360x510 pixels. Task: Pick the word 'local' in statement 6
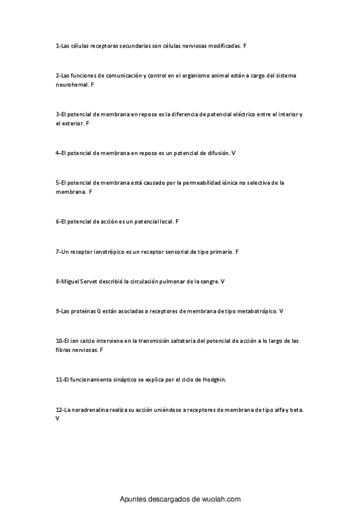click(x=166, y=221)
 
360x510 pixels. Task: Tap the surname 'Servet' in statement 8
click(x=94, y=281)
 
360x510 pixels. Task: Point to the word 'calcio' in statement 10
click(x=90, y=341)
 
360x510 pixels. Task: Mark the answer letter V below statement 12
click(x=57, y=417)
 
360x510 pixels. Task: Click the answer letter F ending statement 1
click(x=245, y=45)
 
